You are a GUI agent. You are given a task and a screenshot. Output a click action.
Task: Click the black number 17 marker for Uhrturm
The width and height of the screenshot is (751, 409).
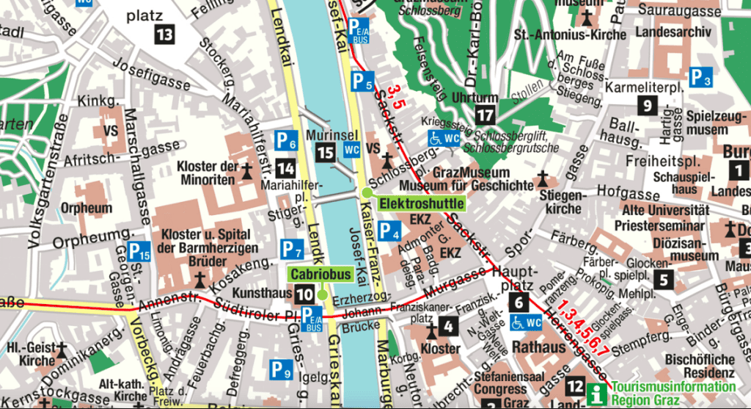485,115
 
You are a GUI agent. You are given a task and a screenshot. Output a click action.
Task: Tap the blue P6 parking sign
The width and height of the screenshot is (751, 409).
286,138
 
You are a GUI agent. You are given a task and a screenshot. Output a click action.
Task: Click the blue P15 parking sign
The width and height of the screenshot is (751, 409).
139,250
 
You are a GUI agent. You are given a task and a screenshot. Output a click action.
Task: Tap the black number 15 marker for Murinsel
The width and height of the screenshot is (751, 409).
325,153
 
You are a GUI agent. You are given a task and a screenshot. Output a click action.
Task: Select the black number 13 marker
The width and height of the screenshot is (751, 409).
164,34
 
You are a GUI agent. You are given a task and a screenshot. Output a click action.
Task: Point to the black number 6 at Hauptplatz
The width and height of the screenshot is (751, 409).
519,301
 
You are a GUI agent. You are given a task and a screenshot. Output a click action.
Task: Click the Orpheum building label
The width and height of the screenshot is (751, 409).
87,208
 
